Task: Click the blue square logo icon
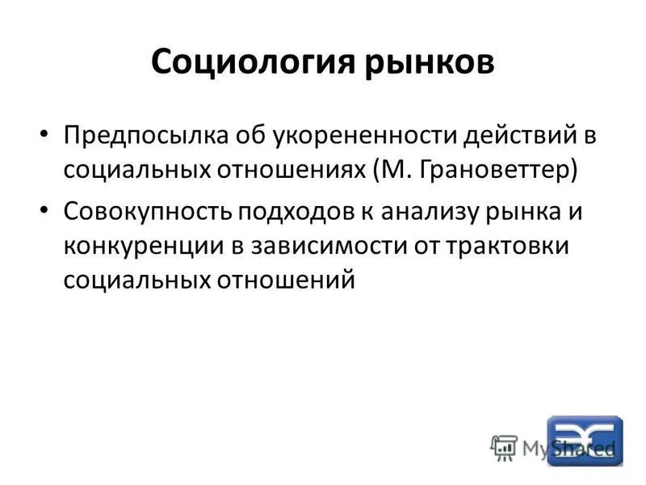point(585,441)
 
